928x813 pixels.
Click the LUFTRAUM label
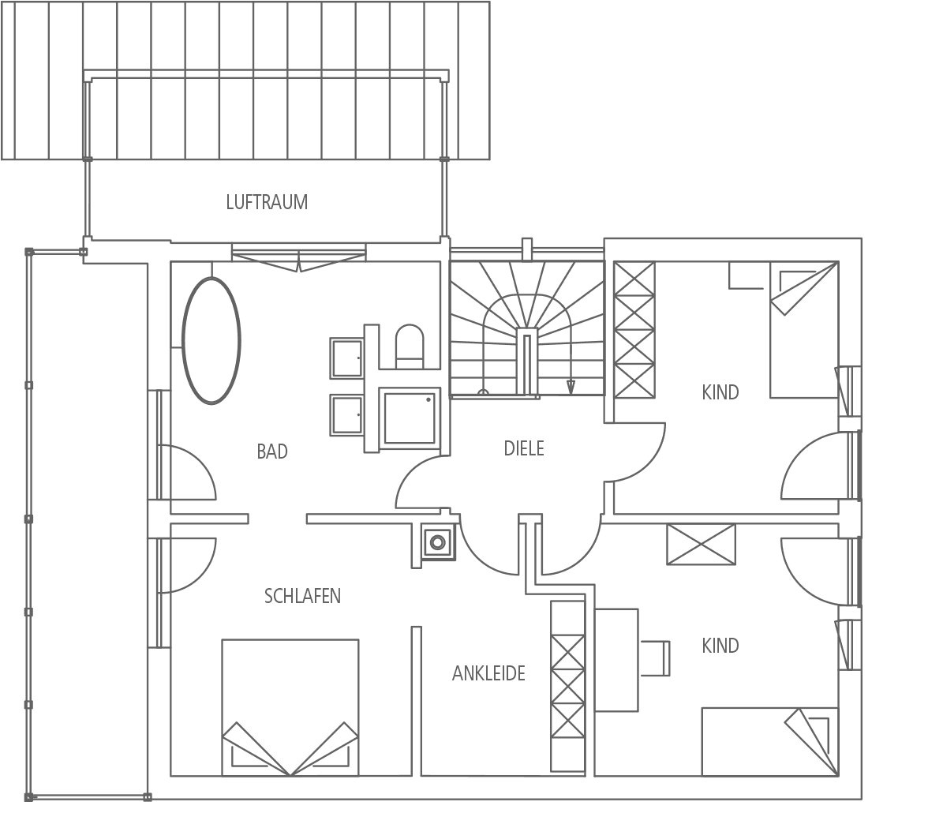[267, 202]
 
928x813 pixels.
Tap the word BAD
[272, 451]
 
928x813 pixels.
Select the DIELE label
[524, 448]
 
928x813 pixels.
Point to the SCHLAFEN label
[302, 596]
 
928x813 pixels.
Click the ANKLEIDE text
[489, 673]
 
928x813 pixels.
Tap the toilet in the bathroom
[410, 346]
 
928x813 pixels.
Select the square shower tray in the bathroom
[410, 418]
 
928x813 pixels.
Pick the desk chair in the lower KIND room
[656, 658]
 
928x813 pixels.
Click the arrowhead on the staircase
[571, 388]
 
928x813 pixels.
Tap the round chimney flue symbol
[437, 541]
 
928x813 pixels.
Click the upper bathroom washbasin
[346, 358]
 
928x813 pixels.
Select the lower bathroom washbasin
[346, 415]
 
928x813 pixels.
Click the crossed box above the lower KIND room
[702, 544]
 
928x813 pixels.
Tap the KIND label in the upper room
[720, 392]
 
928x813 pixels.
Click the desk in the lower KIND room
[617, 660]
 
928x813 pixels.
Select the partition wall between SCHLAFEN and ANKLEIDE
[416, 701]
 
